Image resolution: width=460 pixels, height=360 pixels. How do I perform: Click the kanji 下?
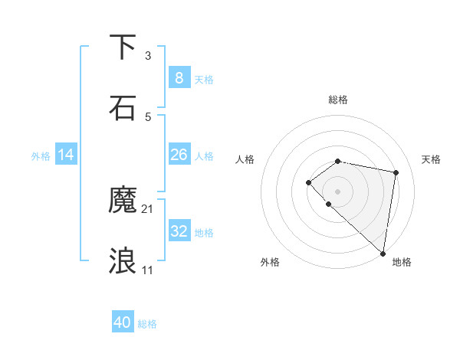point(123,47)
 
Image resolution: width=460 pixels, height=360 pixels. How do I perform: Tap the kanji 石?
point(123,107)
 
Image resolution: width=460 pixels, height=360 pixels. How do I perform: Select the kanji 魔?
point(123,200)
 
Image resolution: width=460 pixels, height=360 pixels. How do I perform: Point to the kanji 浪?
point(123,260)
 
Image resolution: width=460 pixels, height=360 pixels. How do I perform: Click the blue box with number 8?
point(179,77)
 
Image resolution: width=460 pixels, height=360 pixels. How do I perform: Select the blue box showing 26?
point(179,155)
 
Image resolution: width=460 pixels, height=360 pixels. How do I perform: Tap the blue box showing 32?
point(179,231)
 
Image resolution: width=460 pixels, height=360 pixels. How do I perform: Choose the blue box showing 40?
point(123,322)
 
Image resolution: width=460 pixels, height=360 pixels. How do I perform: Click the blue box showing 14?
point(66,155)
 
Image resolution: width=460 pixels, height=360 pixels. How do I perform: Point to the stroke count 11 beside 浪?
point(148,270)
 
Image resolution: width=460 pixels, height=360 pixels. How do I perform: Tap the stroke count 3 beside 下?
point(148,56)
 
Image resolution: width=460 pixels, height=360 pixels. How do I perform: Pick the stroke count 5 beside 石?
point(148,117)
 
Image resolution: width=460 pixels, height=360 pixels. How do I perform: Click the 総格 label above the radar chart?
point(337,100)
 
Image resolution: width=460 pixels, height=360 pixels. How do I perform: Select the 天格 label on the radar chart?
point(431,159)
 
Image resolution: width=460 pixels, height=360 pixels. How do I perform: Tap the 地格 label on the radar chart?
point(402,262)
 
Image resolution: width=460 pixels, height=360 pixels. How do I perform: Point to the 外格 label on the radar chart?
point(270,262)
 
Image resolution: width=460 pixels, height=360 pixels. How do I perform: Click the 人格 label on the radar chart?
point(245,159)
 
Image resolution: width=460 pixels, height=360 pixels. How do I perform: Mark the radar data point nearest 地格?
point(383,254)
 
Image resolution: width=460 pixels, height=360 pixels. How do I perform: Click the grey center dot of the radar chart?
point(337,191)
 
